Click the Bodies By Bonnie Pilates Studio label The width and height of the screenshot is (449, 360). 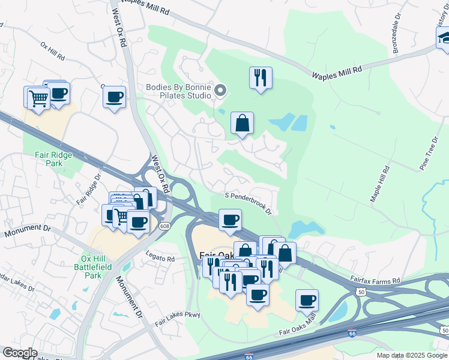tap(179, 91)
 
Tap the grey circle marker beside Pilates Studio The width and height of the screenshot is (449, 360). tap(220, 91)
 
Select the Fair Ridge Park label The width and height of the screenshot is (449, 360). tap(49, 158)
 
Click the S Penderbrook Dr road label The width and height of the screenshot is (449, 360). tap(249, 203)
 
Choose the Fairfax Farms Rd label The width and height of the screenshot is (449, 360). tap(375, 280)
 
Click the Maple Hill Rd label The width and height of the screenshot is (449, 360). tap(379, 185)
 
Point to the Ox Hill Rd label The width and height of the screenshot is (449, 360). tap(53, 52)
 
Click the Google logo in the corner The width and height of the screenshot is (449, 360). tap(19, 353)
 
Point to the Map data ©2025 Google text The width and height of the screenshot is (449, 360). tap(412, 355)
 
